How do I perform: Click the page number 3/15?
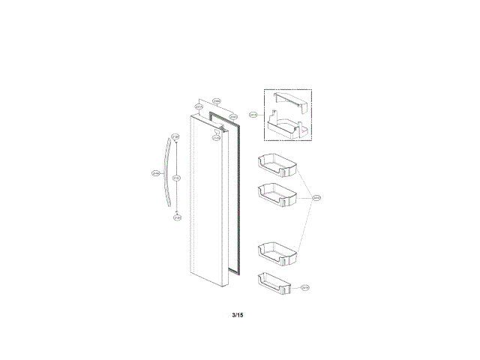[238, 314]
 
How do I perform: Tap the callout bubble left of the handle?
[156, 173]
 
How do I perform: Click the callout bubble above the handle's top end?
[175, 137]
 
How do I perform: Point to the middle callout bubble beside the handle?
[175, 178]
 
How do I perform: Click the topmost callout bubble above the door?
[216, 101]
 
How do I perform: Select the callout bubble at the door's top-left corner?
[199, 107]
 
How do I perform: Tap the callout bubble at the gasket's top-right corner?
[233, 116]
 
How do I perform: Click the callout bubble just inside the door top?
[216, 137]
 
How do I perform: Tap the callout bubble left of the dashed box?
[253, 115]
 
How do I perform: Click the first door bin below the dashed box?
[277, 164]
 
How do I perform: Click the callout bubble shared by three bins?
[317, 198]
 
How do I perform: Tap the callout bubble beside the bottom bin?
[305, 287]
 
